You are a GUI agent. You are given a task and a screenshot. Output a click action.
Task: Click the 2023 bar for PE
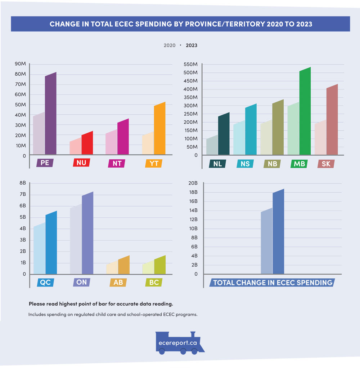pos(51,115)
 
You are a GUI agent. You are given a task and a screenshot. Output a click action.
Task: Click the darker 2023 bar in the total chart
pos(278,232)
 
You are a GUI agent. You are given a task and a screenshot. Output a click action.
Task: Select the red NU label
pos(81,163)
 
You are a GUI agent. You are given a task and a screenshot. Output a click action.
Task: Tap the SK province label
pos(326,164)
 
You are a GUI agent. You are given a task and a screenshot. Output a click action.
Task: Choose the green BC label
pos(154,283)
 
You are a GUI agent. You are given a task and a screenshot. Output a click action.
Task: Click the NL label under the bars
pos(217,164)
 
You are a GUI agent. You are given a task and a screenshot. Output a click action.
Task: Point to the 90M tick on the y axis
pos(20,64)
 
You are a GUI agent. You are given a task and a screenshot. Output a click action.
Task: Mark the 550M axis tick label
pos(190,65)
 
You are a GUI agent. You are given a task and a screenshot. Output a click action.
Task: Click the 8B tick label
pos(22,183)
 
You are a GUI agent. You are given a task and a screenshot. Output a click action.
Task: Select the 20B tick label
pos(193,183)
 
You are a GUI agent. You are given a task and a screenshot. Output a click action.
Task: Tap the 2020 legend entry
pos(170,45)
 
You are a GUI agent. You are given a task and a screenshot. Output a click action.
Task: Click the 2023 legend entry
pos(192,45)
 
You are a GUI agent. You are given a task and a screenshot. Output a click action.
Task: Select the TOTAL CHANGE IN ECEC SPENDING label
pos(273,283)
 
